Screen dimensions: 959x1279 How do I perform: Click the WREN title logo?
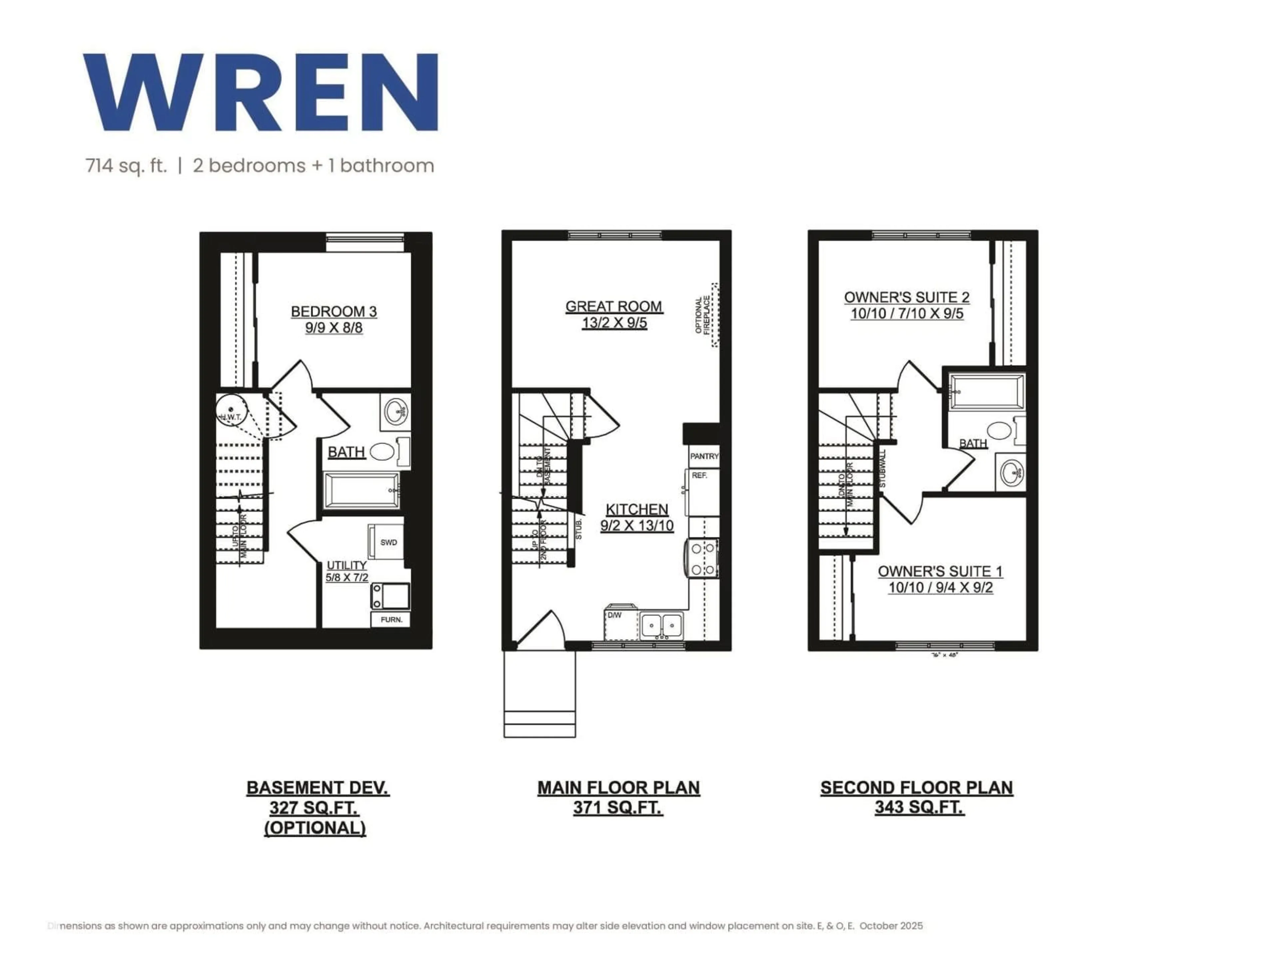tap(260, 93)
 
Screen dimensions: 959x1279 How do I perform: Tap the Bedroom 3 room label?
tap(334, 312)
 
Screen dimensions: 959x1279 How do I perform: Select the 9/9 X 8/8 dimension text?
tap(334, 328)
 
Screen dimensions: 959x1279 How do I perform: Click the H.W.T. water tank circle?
tap(231, 411)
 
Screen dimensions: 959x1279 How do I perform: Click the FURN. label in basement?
tap(391, 620)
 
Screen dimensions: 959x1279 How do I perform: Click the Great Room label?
tap(614, 306)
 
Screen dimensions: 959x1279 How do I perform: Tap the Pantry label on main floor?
tap(704, 456)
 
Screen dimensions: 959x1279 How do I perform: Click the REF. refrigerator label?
tap(699, 475)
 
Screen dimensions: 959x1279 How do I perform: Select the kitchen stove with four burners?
tap(701, 558)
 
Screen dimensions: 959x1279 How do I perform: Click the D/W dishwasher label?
tap(615, 615)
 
